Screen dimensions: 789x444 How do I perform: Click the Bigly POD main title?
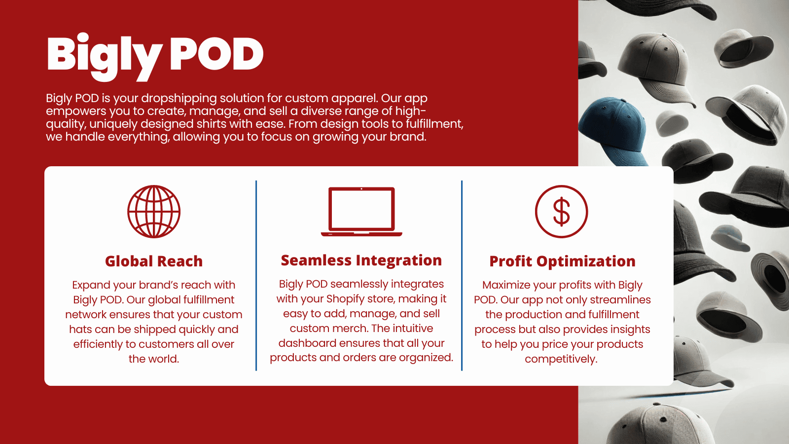pos(155,56)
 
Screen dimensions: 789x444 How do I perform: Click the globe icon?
pos(154,212)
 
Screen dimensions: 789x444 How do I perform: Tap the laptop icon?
pos(361,212)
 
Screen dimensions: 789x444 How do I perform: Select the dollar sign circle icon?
pos(562,212)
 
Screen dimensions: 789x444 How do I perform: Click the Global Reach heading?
pos(154,261)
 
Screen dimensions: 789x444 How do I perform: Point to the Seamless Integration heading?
pos(361,260)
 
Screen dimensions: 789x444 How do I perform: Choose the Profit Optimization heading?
pos(563,261)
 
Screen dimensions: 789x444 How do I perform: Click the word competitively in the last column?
pos(561,359)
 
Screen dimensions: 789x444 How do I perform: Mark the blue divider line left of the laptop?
pos(256,276)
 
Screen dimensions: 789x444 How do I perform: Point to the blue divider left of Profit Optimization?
pos(462,276)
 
